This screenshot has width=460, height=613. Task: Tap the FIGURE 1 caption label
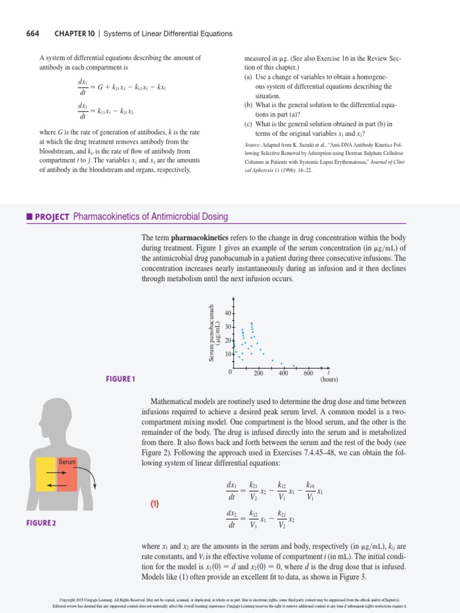(121, 379)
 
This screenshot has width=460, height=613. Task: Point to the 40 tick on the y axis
(228, 314)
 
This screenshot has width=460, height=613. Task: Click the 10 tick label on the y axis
(228, 354)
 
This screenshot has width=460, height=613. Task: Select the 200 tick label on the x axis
(258, 374)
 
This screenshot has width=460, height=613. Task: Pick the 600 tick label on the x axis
(308, 374)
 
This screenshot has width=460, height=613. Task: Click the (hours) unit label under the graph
(329, 380)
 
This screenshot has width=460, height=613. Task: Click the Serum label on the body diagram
(66, 462)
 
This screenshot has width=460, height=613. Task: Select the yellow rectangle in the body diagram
(47, 483)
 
